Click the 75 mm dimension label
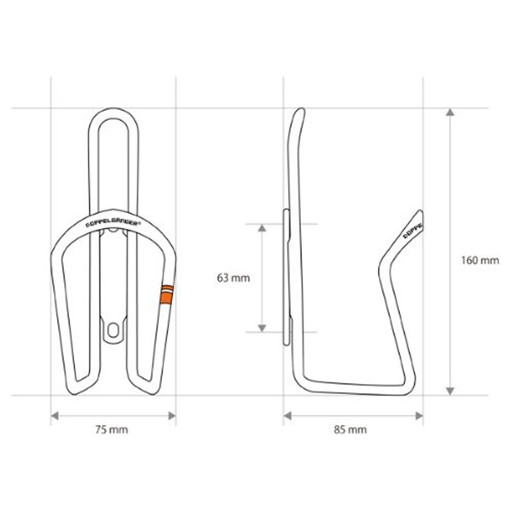(111, 430)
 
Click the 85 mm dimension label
(350, 430)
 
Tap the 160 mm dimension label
(480, 260)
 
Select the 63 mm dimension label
(233, 278)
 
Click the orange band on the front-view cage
(167, 294)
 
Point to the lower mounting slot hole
(113, 330)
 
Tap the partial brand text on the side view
(412, 231)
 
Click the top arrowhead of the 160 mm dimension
(450, 112)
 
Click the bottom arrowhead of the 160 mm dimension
(450, 391)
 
